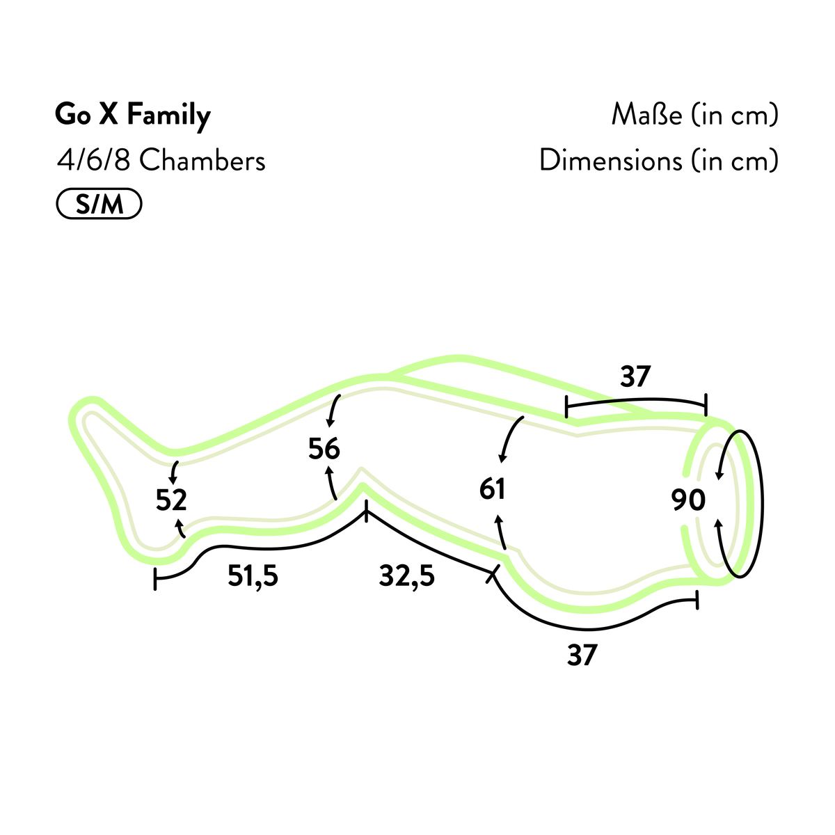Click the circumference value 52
click(171, 500)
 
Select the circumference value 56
click(324, 449)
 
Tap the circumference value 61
click(492, 489)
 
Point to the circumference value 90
click(688, 500)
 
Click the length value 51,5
click(253, 576)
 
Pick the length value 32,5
click(406, 576)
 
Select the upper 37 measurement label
click(635, 376)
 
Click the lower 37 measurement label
click(582, 655)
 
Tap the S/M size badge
click(100, 204)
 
